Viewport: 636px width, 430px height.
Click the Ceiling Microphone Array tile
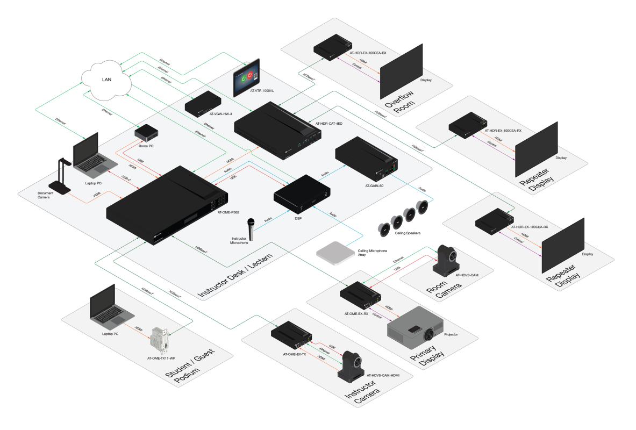click(x=337, y=253)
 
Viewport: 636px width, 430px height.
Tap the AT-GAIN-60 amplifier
click(x=366, y=159)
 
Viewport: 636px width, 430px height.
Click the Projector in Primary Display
click(x=415, y=328)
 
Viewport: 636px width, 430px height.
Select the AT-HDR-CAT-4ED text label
click(x=328, y=124)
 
